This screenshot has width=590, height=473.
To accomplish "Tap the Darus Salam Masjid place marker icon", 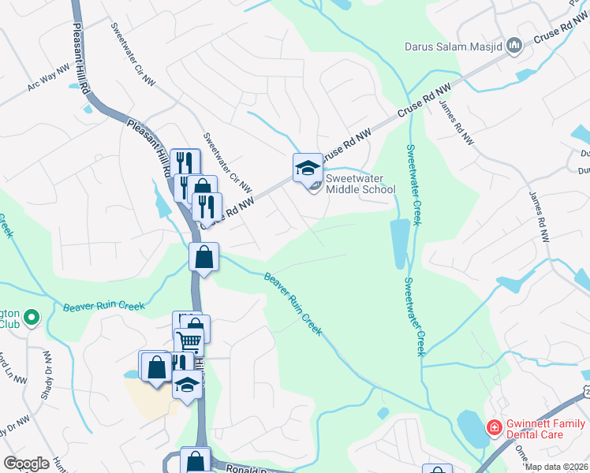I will click(x=514, y=46).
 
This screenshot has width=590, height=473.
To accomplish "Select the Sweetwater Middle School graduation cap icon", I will click(x=308, y=168).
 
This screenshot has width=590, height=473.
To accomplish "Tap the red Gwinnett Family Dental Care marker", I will click(x=495, y=428).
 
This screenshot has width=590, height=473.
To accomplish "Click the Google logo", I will click(x=27, y=464).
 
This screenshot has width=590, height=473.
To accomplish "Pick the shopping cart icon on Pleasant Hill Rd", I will click(x=189, y=341).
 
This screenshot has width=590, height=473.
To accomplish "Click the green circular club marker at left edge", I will click(x=32, y=318).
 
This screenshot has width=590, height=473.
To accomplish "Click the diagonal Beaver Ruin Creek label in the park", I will click(x=293, y=304).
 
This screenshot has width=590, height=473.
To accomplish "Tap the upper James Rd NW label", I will click(x=457, y=123).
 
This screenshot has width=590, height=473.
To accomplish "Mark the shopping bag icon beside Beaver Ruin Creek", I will click(x=204, y=257).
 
